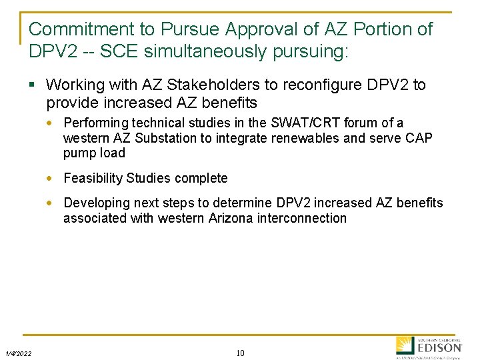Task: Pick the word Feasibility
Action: (x=93, y=178)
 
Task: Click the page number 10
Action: (x=240, y=353)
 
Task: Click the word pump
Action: (x=77, y=153)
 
